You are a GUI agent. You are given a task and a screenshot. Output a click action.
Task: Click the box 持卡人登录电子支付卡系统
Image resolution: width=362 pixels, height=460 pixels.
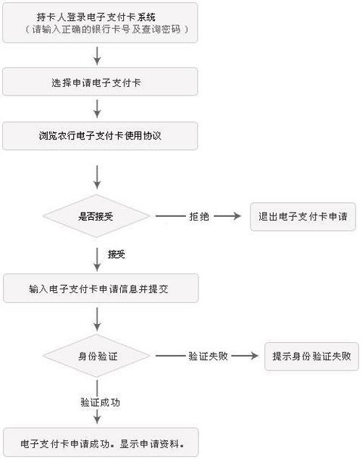point(100,22)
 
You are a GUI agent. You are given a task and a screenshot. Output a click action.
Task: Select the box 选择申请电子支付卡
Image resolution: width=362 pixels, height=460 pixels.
point(100,82)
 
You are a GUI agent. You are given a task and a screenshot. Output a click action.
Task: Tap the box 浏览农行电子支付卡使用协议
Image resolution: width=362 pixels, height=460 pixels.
point(100,136)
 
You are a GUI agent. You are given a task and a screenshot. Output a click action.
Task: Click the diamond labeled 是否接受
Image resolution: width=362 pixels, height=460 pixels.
point(96,216)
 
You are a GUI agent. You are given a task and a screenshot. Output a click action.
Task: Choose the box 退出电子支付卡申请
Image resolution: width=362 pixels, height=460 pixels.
point(303,217)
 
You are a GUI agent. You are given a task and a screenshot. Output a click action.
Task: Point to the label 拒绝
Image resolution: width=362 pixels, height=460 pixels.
point(199,216)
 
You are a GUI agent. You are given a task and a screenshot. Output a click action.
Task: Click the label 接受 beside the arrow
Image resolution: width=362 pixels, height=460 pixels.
point(117,254)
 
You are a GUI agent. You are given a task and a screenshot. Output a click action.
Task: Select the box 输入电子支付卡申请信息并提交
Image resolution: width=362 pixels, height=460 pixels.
point(101,289)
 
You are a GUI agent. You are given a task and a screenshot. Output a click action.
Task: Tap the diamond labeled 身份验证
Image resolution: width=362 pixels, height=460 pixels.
point(96,356)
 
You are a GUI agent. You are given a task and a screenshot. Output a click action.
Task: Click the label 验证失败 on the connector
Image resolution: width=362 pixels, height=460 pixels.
point(209,356)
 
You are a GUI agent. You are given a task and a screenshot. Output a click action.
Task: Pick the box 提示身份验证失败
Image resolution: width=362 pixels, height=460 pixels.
point(311,357)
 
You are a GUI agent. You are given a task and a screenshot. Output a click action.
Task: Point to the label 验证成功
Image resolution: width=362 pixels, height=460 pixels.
point(100,402)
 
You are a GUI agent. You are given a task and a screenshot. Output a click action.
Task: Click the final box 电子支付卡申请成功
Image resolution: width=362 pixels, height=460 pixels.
point(101,443)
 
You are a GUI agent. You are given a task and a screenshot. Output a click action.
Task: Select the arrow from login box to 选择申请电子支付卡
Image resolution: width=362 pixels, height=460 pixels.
point(97,56)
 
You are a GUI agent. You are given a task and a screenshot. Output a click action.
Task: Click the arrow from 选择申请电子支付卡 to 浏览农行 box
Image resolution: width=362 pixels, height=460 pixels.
point(97,108)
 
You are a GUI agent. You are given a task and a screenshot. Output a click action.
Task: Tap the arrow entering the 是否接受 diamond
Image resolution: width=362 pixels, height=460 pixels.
point(97,177)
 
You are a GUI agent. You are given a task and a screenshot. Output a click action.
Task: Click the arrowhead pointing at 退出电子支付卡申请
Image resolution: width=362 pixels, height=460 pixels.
point(237,216)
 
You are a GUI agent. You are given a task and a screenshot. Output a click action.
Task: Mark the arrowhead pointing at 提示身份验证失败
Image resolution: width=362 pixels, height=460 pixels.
point(254,356)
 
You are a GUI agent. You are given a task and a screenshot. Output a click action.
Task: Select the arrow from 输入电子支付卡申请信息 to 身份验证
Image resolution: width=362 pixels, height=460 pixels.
point(97,319)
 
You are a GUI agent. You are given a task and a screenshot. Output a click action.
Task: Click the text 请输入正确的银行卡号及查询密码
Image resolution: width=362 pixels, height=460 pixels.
point(106,30)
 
